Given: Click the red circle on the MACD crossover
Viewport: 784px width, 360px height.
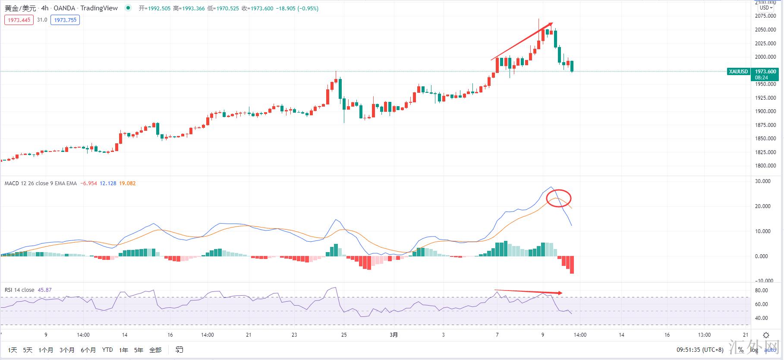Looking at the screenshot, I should [559, 199].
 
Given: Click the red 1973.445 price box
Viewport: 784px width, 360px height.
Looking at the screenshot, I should [19, 20].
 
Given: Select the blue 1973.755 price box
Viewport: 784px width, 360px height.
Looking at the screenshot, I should [65, 20].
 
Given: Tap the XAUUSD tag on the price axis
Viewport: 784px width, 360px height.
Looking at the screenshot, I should [738, 72].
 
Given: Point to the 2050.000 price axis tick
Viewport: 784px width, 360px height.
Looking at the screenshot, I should [766, 30].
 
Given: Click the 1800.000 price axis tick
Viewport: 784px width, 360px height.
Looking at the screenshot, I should [766, 166].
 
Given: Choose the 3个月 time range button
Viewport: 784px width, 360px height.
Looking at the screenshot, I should [67, 350].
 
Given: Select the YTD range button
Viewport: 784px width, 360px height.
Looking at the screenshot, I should [107, 350].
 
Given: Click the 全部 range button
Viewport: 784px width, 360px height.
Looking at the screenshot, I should [155, 350].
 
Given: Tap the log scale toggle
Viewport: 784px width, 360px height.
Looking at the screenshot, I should [754, 350].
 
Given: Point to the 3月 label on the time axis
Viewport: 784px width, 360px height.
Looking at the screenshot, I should [394, 335].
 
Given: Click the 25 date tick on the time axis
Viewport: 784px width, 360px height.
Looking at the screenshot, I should [344, 335].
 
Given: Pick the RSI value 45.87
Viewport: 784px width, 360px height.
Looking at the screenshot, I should [45, 290].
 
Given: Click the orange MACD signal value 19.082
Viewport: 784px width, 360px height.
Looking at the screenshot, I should [127, 183].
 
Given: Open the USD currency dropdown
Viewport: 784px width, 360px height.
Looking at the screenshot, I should [766, 7].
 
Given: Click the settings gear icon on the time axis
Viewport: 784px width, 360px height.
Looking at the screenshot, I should [766, 335].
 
